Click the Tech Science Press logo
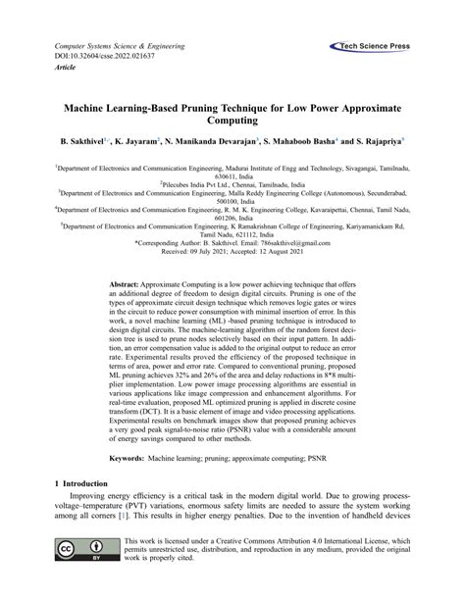pos(375,46)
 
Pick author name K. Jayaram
pos(138,142)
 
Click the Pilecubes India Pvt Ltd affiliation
pos(232,183)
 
